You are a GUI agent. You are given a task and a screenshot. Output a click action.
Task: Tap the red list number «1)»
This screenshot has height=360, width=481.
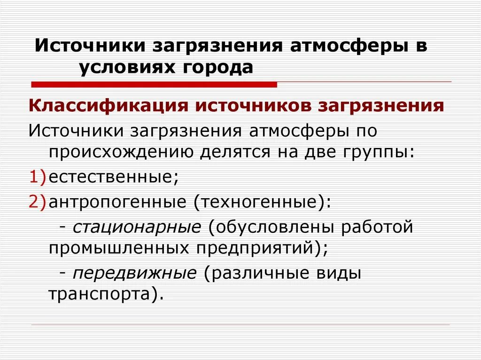[x=38, y=176]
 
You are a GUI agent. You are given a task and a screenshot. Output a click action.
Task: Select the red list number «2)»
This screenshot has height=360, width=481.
[x=38, y=202]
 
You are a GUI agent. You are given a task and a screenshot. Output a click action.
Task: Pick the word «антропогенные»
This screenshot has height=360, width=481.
[x=118, y=202]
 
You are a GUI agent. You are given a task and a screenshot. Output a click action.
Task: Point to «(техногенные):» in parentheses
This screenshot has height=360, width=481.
[x=261, y=202]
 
